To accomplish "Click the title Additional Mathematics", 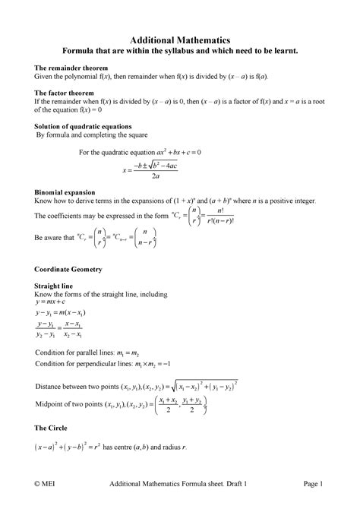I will click(179, 39).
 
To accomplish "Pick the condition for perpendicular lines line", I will click(109, 365).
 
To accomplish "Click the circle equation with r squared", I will click(68, 447).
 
